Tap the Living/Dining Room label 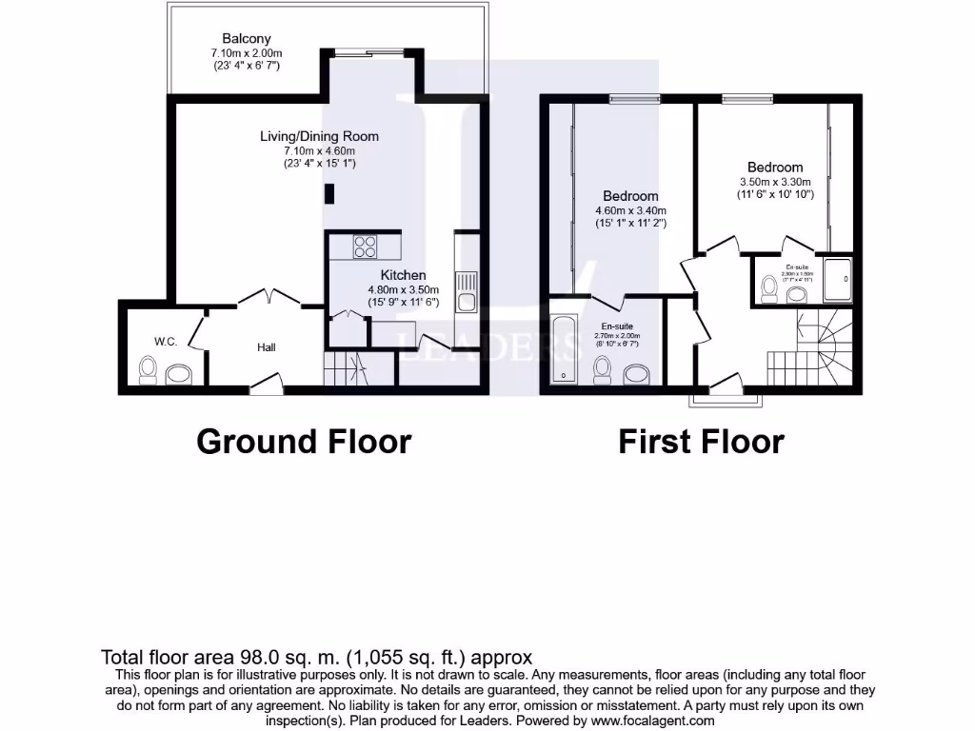(319, 136)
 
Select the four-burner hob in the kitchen (365, 247)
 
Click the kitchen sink (466, 291)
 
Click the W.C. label (166, 341)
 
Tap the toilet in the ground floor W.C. (149, 370)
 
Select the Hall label (267, 347)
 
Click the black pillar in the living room (329, 194)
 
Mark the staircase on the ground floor (346, 368)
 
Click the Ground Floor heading (304, 442)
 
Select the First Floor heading (702, 442)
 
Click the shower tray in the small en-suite (838, 280)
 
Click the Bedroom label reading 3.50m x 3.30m (774, 168)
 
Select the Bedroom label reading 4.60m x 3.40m (630, 196)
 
